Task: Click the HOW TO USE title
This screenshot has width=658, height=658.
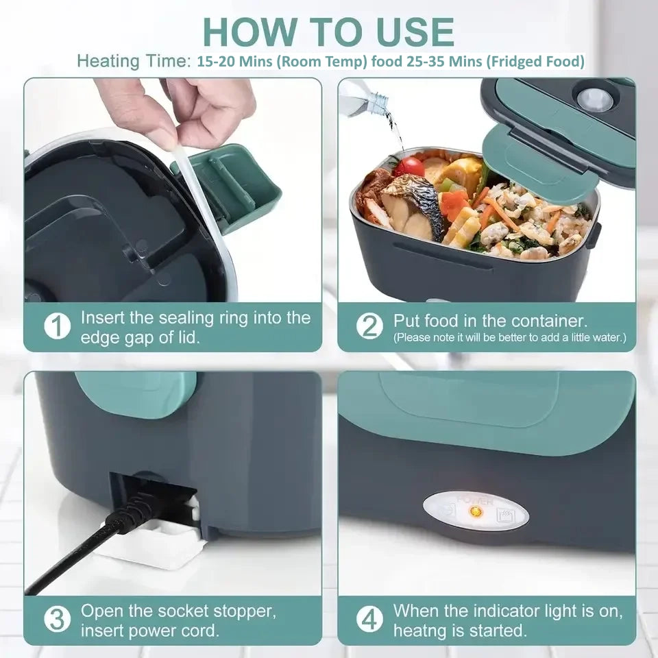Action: click(328, 31)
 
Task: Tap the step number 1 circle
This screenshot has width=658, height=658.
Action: click(58, 326)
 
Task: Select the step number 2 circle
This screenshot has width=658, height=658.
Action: click(370, 326)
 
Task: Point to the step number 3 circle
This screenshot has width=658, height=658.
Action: click(58, 620)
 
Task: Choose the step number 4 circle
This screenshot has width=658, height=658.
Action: click(370, 620)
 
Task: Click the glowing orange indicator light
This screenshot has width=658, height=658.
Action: click(480, 512)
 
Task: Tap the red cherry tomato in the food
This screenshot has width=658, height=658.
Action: click(409, 166)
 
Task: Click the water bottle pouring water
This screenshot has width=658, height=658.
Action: click(363, 99)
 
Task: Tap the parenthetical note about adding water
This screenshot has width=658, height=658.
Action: click(509, 338)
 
